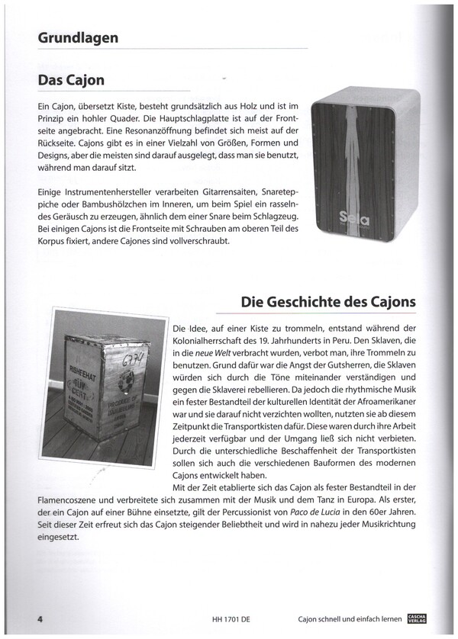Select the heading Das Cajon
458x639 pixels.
71,80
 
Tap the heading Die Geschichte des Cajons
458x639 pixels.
327,301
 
